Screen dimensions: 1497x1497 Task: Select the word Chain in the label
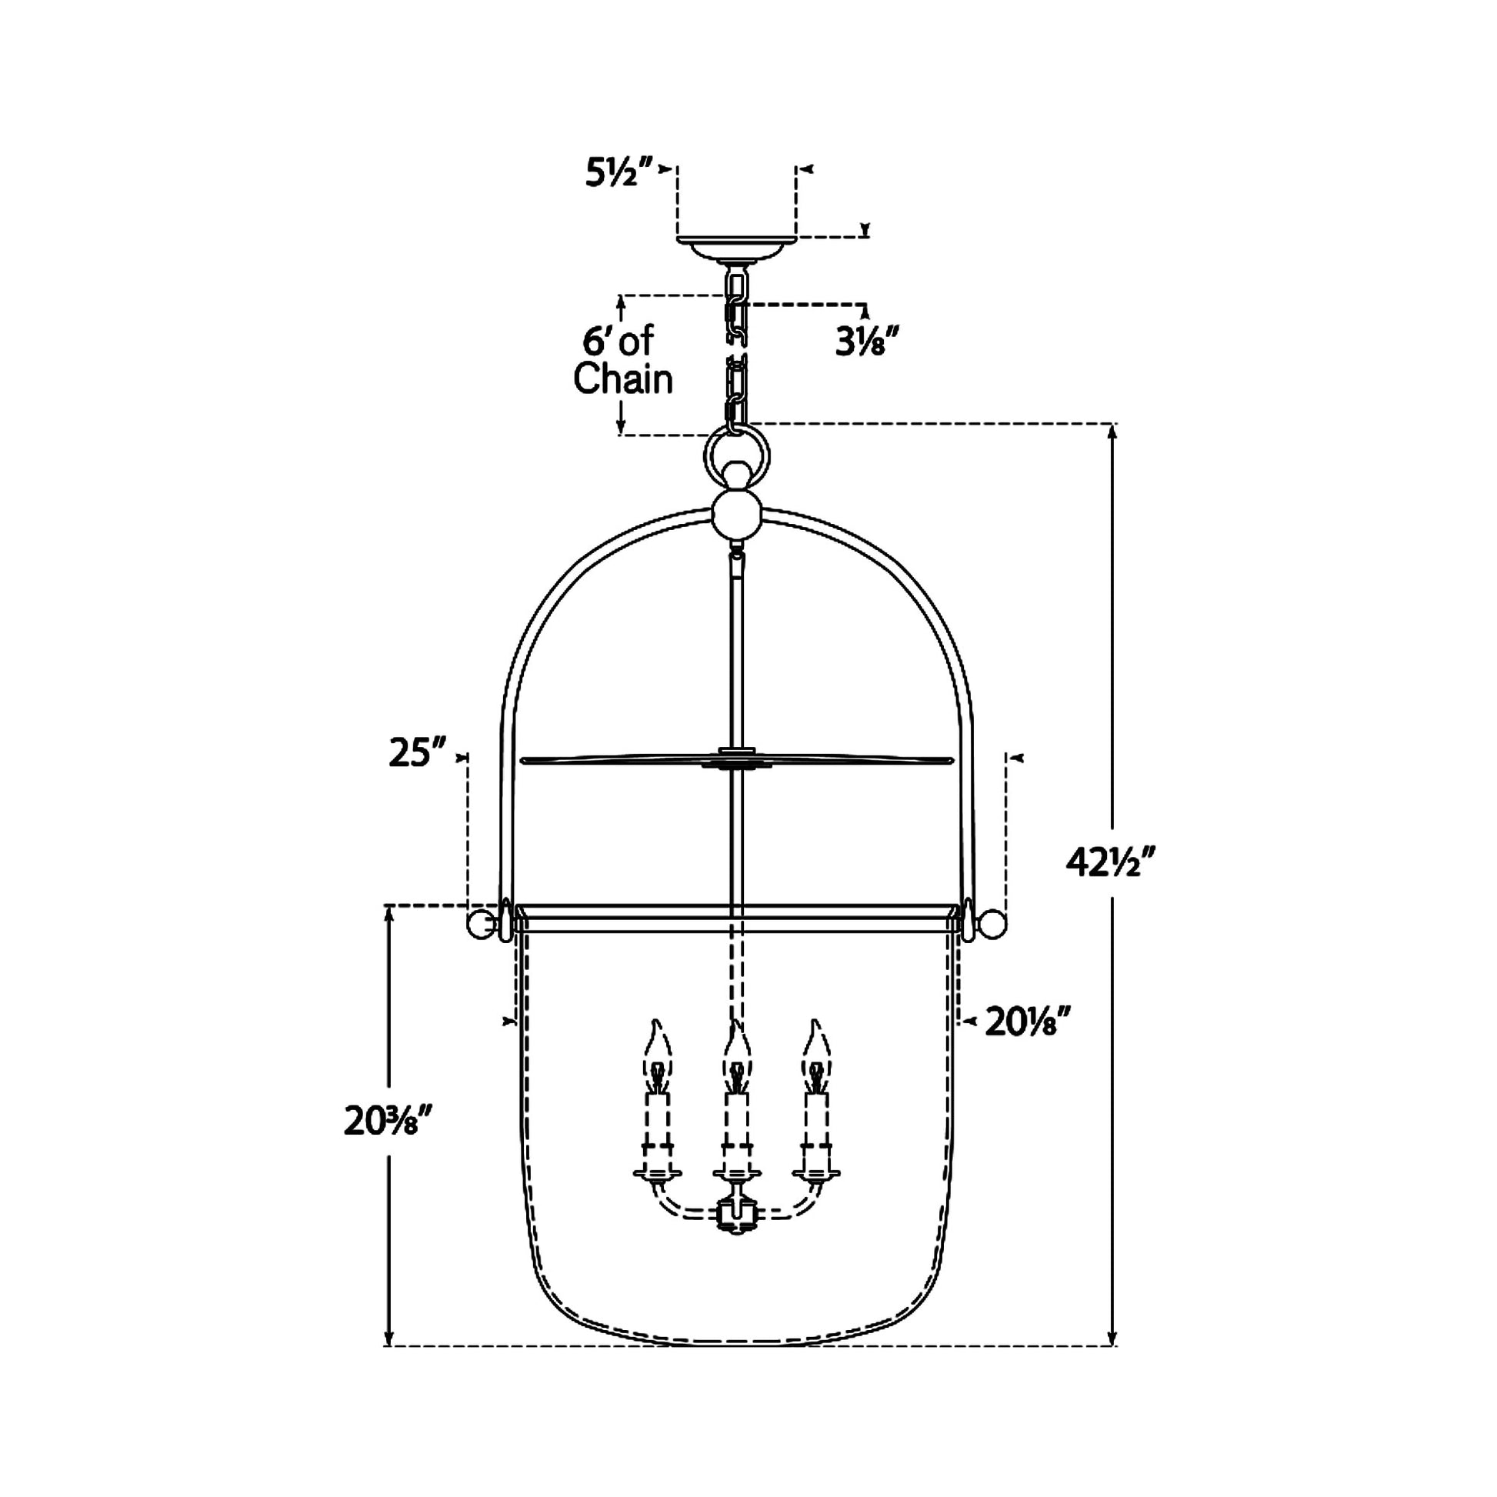click(x=623, y=379)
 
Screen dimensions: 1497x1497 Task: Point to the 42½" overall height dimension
click(x=1110, y=862)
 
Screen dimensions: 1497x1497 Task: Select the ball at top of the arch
click(x=736, y=514)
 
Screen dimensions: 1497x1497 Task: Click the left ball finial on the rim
click(x=479, y=924)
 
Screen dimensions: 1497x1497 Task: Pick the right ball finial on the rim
click(x=993, y=924)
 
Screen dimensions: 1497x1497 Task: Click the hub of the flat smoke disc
click(x=736, y=758)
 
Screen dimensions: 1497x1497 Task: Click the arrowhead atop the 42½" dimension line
click(x=1112, y=432)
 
